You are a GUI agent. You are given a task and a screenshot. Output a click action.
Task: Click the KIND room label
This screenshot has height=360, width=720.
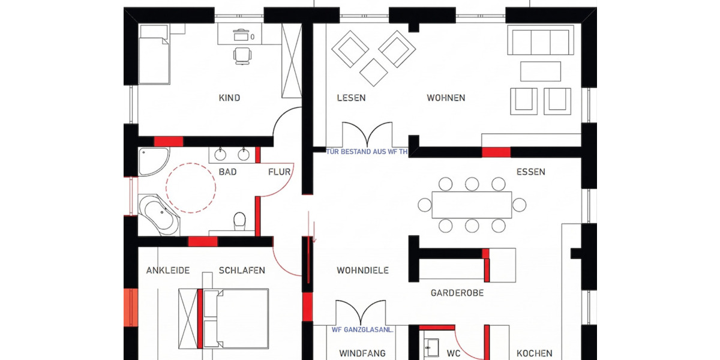tap(229, 98)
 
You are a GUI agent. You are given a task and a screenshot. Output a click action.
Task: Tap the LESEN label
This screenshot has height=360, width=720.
tap(351, 98)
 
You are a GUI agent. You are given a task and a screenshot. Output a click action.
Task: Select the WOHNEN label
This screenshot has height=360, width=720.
tap(446, 98)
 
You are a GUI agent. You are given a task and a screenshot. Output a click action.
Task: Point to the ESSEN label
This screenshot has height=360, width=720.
tap(530, 172)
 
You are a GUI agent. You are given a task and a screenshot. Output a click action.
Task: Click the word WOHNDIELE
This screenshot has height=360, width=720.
tap(362, 271)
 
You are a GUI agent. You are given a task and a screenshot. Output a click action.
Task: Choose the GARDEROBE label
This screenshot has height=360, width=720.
tap(457, 293)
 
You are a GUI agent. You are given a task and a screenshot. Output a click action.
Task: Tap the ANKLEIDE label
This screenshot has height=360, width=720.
tap(168, 271)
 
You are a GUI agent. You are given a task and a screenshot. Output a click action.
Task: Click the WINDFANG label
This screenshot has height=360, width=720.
tap(362, 353)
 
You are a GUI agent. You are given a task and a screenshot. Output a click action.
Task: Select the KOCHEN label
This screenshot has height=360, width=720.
tap(534, 353)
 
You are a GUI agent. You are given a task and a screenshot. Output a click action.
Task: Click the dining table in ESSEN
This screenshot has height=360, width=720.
tap(472, 205)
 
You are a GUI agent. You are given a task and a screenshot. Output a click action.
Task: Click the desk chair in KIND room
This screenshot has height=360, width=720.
tap(242, 55)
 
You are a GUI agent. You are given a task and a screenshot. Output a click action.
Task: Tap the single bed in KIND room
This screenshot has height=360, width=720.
tap(155, 54)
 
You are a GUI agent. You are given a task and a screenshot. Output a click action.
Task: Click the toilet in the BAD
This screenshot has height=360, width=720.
tap(239, 221)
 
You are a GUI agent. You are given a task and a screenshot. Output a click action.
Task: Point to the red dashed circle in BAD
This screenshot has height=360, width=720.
tap(191, 188)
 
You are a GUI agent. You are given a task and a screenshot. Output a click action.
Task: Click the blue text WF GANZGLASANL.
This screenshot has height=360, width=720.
tap(362, 329)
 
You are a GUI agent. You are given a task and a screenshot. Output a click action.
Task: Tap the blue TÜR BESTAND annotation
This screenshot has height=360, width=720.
tap(367, 152)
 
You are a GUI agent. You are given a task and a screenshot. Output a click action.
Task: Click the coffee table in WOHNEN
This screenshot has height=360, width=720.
tap(541, 71)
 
